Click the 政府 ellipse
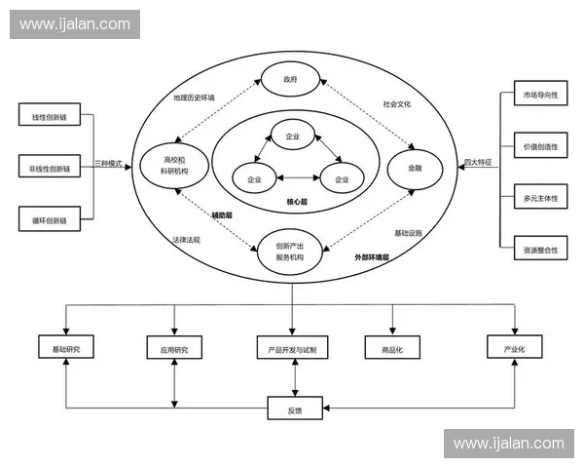[x=289, y=79]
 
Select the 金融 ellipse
[x=416, y=168]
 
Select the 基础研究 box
[x=65, y=348]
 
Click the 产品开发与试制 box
[x=291, y=348]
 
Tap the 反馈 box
[x=293, y=409]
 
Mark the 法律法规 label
[x=185, y=239]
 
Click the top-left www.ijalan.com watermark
[x=74, y=23]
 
